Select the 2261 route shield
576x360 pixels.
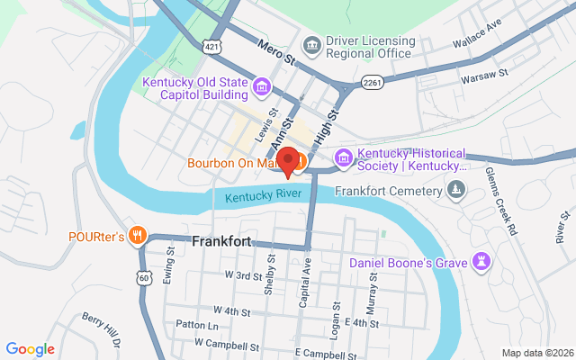click(373, 82)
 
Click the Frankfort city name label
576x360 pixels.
click(221, 241)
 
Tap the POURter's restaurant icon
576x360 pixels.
click(137, 237)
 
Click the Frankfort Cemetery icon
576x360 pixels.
click(457, 191)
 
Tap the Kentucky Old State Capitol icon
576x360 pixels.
click(261, 86)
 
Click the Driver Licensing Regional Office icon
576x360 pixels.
click(311, 45)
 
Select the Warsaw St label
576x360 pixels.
click(485, 76)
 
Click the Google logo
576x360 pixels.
click(30, 349)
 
